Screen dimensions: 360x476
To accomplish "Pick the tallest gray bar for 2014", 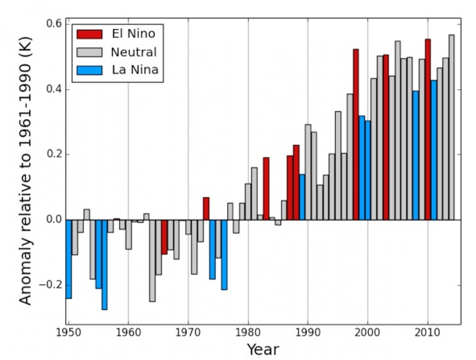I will [x=452, y=127].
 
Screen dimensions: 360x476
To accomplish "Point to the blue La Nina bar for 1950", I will [x=68, y=258].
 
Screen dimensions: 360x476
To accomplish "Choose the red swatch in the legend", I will [x=89, y=34].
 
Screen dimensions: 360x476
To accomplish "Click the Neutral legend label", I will [x=134, y=52].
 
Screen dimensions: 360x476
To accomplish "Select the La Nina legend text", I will [x=134, y=70].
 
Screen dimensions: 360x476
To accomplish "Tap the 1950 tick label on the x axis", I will [x=68, y=332].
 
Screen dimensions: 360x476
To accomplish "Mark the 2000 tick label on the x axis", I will [x=368, y=332].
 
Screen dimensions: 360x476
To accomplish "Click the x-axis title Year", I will [x=263, y=350].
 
